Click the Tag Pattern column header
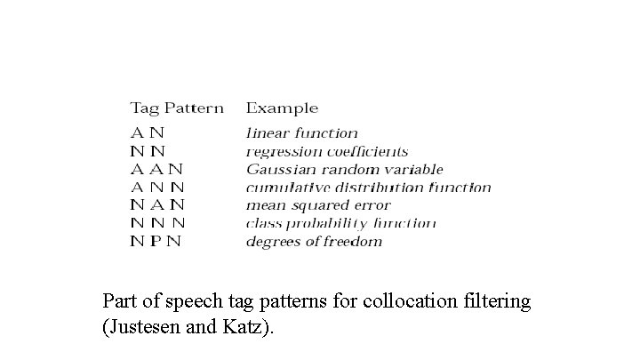[177, 108]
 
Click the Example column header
[282, 108]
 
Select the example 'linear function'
[302, 133]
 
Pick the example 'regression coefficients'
[327, 152]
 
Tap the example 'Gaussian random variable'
[345, 170]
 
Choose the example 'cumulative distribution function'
[368, 188]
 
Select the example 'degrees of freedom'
[314, 241]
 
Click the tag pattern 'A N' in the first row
[148, 133]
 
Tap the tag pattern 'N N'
[148, 152]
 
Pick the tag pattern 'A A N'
[156, 170]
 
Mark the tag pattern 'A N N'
[157, 188]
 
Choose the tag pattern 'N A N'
[156, 205]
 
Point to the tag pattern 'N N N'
[157, 223]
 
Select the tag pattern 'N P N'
[156, 241]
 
